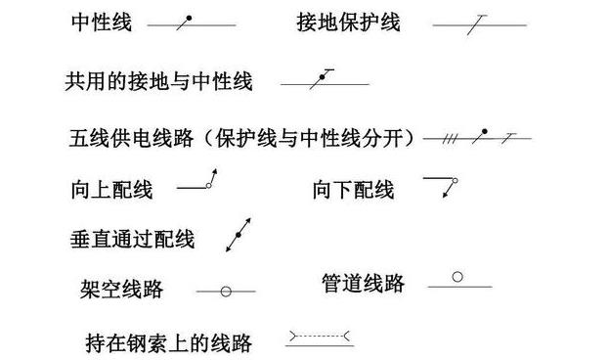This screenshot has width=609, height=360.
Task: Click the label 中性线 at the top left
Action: point(102,22)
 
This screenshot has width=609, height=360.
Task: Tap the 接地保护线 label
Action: point(348,22)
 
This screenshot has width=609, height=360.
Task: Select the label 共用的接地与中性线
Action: point(159,82)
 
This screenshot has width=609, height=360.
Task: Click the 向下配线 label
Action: point(353,189)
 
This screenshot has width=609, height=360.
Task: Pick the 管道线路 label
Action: point(363,284)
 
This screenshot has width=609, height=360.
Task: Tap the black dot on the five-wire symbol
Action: point(484,131)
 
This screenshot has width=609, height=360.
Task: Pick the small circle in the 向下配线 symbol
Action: point(454,182)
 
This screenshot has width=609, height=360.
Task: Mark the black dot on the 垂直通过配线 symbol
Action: point(236,236)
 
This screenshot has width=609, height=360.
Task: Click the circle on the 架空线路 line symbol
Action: point(225,291)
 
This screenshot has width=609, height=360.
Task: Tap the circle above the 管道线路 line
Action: point(458,277)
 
